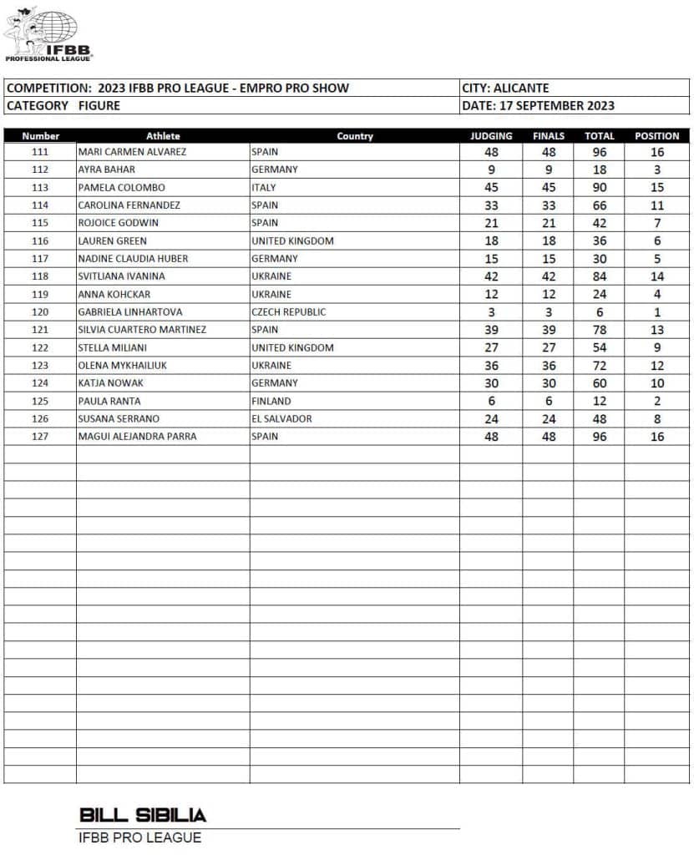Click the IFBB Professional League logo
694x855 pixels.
(x=48, y=34)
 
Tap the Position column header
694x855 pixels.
(x=656, y=135)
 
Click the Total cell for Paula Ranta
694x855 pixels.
(x=599, y=401)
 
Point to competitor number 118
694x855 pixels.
(x=40, y=276)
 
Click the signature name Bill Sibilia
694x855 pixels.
(x=143, y=815)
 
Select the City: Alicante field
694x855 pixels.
(x=505, y=88)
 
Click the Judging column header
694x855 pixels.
(x=491, y=135)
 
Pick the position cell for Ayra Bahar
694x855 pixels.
(x=657, y=169)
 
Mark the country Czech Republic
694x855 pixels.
(x=289, y=311)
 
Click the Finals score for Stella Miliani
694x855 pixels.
(x=549, y=347)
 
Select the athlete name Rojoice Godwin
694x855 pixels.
(x=118, y=223)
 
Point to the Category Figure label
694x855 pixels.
(x=63, y=105)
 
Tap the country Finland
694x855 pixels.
(x=271, y=401)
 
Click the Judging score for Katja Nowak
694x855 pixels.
(x=491, y=383)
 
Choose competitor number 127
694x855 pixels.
(x=40, y=436)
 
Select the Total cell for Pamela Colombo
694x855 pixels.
(x=599, y=188)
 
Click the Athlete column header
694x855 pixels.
(x=163, y=135)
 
